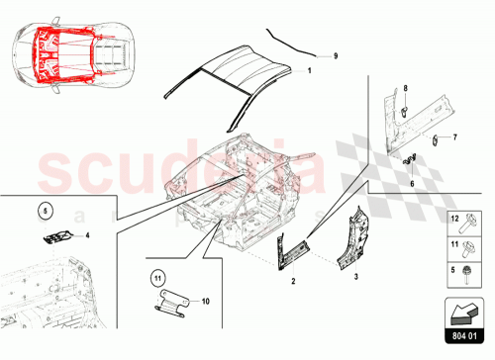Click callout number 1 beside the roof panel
pyautogui.click(x=309, y=72)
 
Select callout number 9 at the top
pyautogui.click(x=335, y=56)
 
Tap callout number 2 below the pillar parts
pyautogui.click(x=293, y=281)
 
